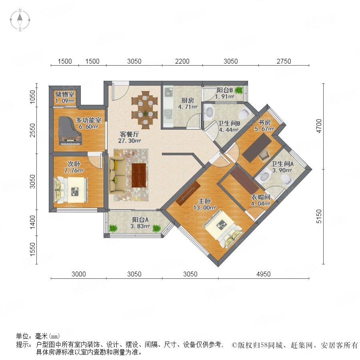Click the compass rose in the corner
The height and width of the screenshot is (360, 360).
point(20,20)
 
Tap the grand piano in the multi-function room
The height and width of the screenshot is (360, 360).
point(70,130)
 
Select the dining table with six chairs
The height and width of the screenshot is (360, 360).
point(145,110)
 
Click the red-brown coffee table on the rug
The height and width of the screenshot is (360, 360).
point(139,175)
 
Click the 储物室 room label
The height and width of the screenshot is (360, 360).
point(65,94)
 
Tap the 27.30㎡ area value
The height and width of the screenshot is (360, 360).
point(129,141)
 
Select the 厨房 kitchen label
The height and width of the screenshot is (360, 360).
point(188,100)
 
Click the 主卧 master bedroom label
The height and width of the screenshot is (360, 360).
point(204,201)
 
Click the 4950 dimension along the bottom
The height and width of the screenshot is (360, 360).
point(263,274)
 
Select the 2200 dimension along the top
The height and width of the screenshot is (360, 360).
point(182,61)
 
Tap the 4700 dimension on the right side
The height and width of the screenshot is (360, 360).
point(319,126)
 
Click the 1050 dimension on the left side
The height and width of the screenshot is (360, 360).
point(33,97)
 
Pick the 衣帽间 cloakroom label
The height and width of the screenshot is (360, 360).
point(260,197)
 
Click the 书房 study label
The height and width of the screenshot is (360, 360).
point(264,122)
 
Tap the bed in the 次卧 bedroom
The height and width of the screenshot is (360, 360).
point(71,190)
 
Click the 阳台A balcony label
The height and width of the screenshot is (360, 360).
point(140,220)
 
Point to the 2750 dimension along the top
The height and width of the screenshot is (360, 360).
point(284,61)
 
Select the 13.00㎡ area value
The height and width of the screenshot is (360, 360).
point(204,208)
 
